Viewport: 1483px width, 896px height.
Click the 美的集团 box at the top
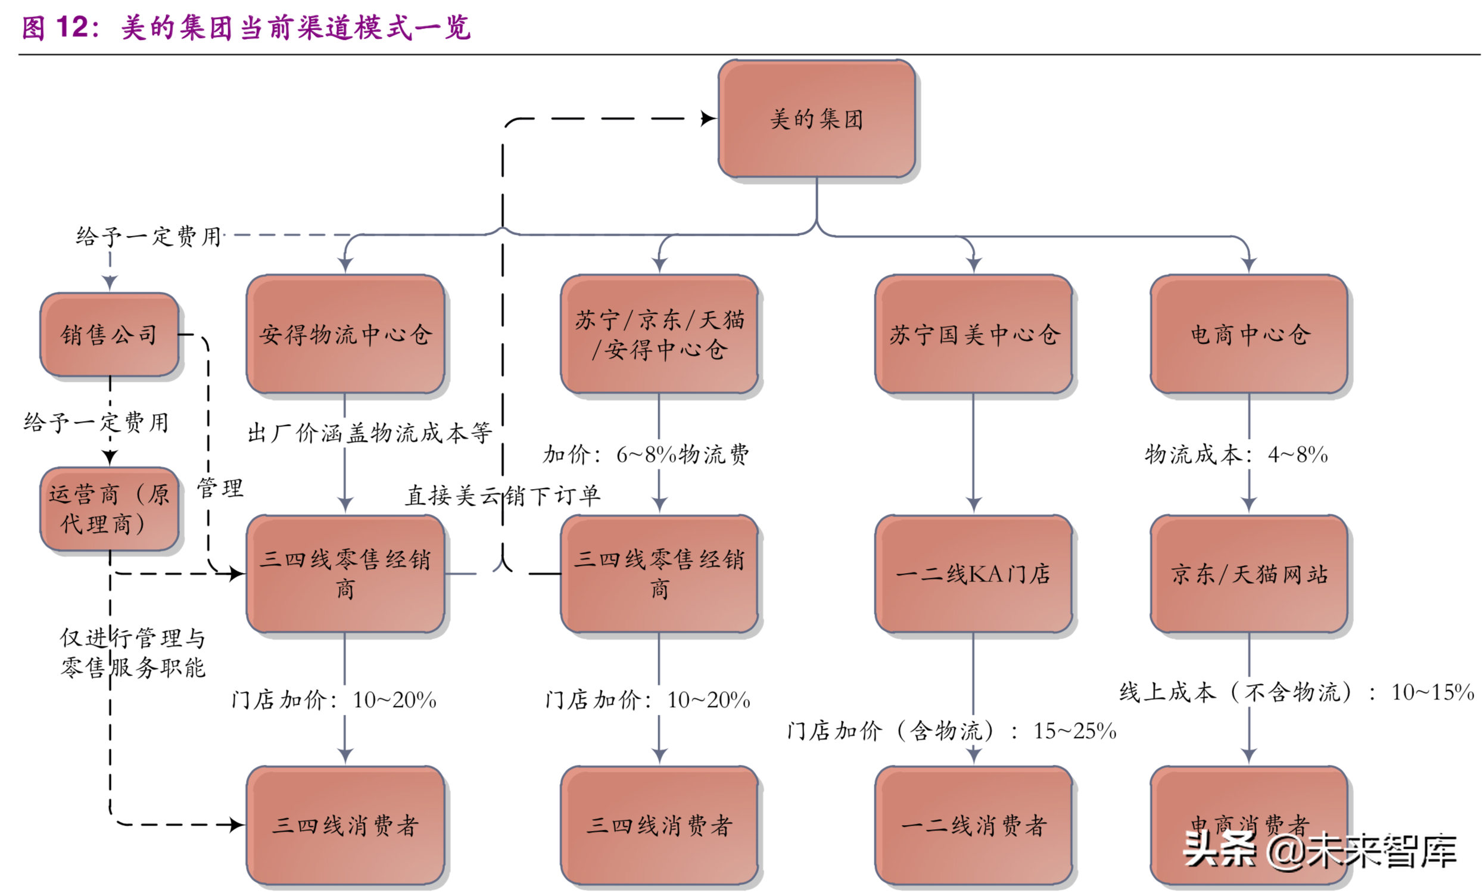816,119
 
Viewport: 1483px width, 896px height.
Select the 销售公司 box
109,335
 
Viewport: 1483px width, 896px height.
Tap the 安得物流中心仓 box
345,335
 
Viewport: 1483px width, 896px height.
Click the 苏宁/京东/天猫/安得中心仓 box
659,335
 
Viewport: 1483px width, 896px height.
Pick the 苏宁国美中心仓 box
973,335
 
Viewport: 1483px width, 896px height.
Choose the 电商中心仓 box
1249,335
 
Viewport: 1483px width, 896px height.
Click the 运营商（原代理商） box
109,509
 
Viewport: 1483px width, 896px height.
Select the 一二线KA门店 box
973,574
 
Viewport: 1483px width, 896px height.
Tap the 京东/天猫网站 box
1249,574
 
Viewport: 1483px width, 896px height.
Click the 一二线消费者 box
973,825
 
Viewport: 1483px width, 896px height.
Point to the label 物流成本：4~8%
1236,455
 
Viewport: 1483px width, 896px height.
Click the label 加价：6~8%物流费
645,455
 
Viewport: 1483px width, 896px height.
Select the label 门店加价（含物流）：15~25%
951,731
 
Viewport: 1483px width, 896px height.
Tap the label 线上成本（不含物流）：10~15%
1296,692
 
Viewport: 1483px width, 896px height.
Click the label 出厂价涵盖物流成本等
369,433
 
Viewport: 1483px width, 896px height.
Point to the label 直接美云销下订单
503,496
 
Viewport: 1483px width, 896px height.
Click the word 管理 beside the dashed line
220,488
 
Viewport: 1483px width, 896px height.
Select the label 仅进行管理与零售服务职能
133,653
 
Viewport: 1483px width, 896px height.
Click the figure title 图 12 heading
245,27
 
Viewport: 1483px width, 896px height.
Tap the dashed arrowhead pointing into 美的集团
708,119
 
